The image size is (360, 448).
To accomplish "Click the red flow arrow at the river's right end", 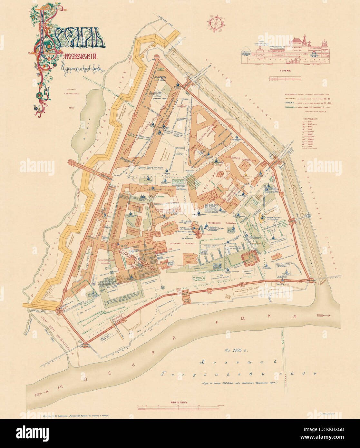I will tap(323, 315).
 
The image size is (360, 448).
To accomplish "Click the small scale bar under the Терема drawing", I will tap(285, 78).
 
